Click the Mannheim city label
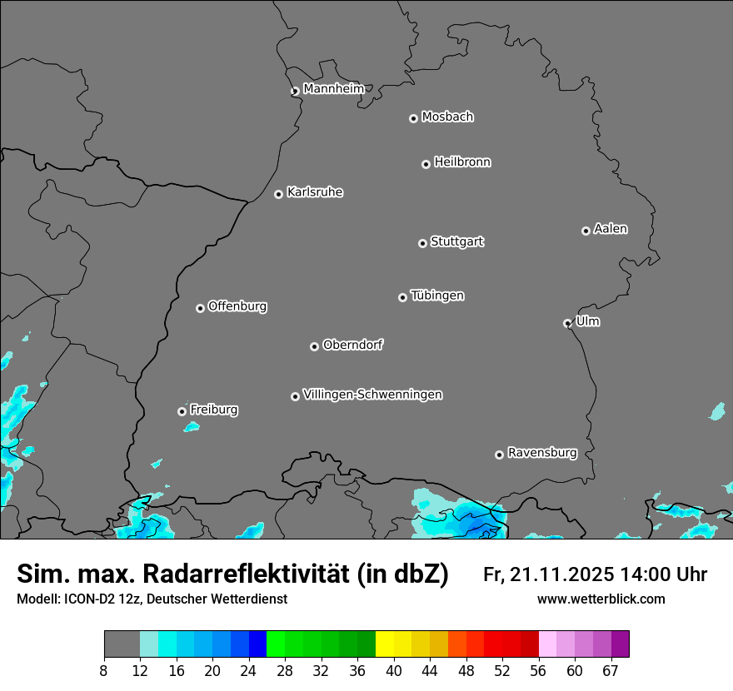point(333,88)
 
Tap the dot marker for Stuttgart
point(422,243)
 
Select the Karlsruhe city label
point(315,192)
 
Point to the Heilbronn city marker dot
point(426,164)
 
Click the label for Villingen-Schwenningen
point(372,395)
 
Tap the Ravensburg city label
point(542,453)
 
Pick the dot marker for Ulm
point(567,323)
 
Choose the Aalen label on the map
point(611,229)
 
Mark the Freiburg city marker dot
point(182,411)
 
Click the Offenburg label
point(237,306)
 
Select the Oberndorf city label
point(352,345)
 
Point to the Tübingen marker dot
point(402,297)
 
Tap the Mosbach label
point(447,117)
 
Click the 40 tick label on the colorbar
point(394,670)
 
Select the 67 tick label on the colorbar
point(611,670)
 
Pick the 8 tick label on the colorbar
point(104,670)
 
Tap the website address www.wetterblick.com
point(601,599)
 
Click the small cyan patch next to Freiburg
point(192,427)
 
